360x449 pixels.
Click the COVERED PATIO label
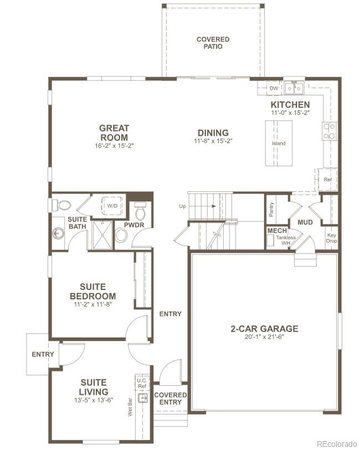(x=213, y=43)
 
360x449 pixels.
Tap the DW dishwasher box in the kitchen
(x=274, y=88)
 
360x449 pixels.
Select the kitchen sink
(x=294, y=88)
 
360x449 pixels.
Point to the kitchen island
(x=279, y=143)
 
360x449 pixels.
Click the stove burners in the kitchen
(x=329, y=131)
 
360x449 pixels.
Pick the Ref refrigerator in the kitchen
(x=327, y=180)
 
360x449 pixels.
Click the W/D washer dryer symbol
(x=112, y=206)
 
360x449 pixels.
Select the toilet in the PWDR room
(x=140, y=211)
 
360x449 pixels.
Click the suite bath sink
(x=58, y=233)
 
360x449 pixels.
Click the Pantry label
(x=271, y=209)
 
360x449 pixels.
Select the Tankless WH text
(x=286, y=240)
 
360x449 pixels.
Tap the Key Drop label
(x=331, y=238)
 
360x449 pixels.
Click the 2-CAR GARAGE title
(x=264, y=329)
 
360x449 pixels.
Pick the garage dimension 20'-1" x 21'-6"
(x=264, y=338)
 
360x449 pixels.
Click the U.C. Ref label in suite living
(x=142, y=383)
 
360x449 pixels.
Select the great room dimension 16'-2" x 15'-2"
(x=114, y=146)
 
